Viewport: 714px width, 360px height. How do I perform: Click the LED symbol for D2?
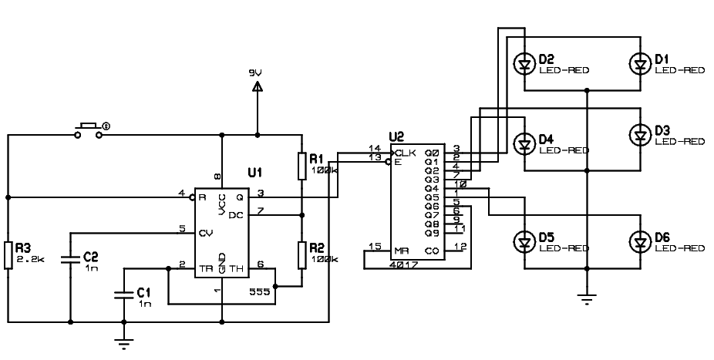pyautogui.click(x=525, y=64)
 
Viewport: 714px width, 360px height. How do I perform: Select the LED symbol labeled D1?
pyautogui.click(x=639, y=64)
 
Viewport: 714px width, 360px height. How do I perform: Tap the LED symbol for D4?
pyautogui.click(x=525, y=143)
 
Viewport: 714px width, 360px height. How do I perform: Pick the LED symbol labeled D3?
pyautogui.click(x=639, y=136)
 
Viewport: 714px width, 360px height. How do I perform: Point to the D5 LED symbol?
pyautogui.click(x=525, y=242)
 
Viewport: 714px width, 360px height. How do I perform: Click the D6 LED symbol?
pyautogui.click(x=639, y=242)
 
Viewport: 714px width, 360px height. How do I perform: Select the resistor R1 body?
pyautogui.click(x=301, y=164)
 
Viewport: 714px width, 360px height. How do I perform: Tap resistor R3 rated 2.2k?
pyautogui.click(x=8, y=255)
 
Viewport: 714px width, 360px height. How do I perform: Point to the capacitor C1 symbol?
pyautogui.click(x=123, y=294)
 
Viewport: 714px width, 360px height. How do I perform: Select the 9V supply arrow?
pyautogui.click(x=257, y=86)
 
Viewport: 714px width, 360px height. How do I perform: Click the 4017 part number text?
pyautogui.click(x=403, y=264)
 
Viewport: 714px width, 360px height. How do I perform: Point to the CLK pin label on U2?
pyautogui.click(x=406, y=152)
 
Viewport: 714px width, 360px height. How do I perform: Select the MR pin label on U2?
pyautogui.click(x=401, y=251)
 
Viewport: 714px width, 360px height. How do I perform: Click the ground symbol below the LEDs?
pyautogui.click(x=588, y=299)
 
